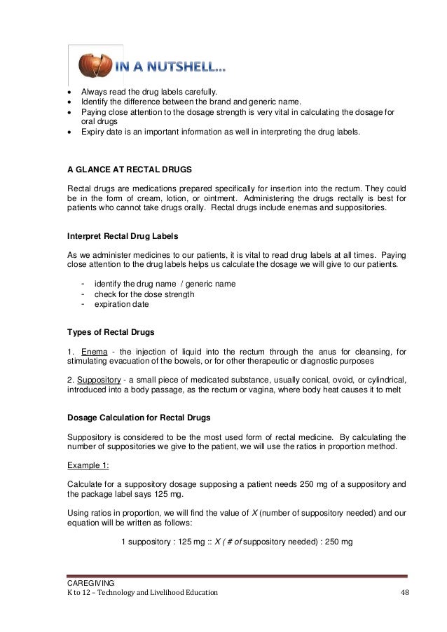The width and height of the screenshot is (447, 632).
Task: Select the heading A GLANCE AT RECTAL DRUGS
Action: point(125,170)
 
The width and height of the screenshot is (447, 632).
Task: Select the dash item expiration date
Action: point(122,304)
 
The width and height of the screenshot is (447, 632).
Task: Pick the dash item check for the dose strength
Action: point(144,294)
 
